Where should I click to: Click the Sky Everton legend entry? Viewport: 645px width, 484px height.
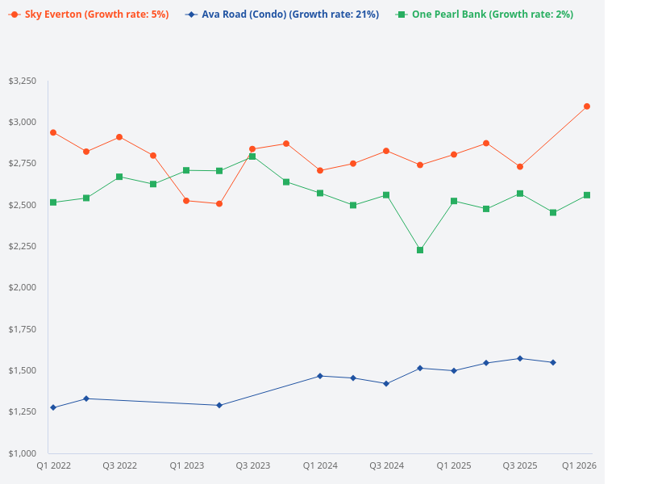(89, 15)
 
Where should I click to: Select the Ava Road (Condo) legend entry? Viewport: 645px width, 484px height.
(281, 15)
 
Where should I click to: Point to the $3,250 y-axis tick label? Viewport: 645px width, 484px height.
(23, 81)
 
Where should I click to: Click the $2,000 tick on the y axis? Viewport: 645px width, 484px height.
(23, 288)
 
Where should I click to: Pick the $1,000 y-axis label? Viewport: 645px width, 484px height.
(23, 453)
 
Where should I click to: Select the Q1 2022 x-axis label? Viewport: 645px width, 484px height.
(53, 466)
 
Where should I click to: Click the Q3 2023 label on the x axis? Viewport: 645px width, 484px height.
(253, 466)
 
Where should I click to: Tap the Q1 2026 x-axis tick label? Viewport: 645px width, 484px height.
(579, 466)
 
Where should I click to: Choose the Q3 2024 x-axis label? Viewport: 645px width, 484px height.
(387, 466)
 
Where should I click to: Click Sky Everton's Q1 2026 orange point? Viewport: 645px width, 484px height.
(587, 106)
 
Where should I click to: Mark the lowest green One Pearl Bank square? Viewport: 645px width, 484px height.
(420, 250)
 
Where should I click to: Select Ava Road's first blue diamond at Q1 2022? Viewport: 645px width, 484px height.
(53, 407)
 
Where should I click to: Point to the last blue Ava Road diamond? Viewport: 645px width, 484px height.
(553, 362)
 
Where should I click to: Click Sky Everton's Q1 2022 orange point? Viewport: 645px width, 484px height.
(53, 132)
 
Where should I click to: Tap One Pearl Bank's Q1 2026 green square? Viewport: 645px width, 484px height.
(587, 195)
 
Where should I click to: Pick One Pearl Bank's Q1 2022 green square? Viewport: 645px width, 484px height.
(53, 202)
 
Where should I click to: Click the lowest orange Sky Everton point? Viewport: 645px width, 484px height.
(219, 204)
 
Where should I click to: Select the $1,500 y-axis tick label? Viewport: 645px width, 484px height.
(23, 370)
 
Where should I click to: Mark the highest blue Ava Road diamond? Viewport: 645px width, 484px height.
(520, 358)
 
